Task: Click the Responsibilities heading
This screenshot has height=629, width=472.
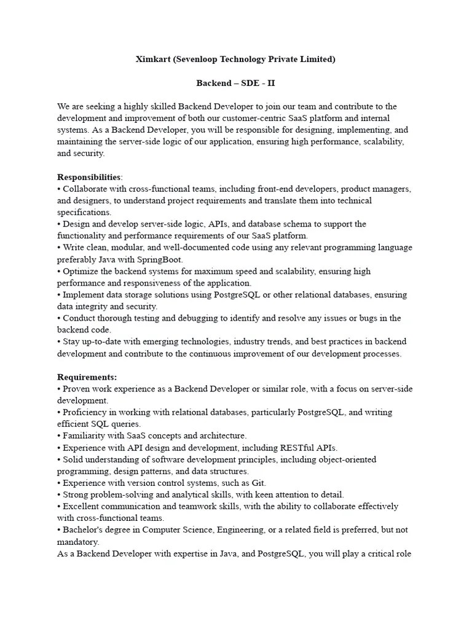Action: (89, 177)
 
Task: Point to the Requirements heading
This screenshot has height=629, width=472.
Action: (87, 377)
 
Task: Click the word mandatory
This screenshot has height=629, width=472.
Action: (77, 542)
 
